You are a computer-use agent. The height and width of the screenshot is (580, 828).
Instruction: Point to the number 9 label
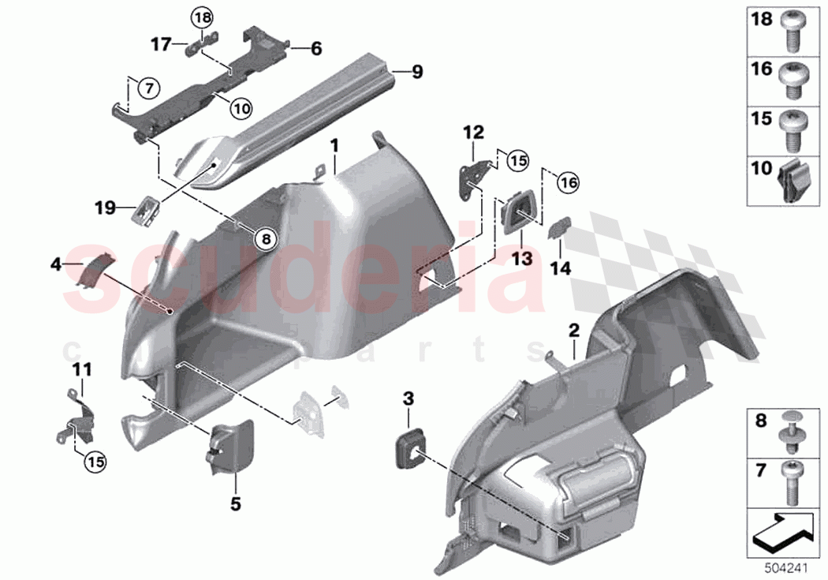417,73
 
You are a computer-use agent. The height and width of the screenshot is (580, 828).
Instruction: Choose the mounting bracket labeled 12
474,174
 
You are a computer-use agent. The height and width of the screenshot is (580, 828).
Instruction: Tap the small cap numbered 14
558,228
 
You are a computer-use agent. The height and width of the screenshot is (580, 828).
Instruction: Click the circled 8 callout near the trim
266,237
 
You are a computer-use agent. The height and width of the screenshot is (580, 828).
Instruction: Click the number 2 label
573,327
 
